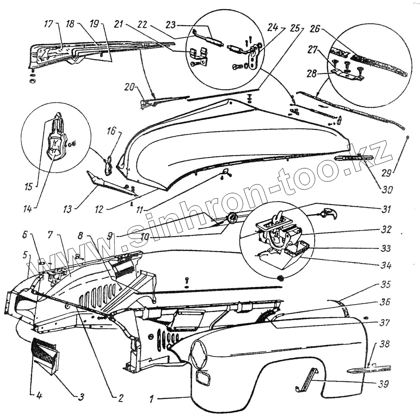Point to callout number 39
383,383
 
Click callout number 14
35,207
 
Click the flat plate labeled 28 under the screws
347,74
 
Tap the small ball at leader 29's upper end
407,138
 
